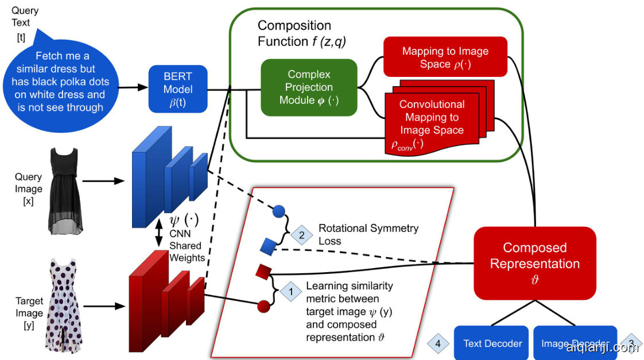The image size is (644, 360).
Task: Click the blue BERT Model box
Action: tap(178, 89)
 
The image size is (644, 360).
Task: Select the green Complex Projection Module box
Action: tap(309, 87)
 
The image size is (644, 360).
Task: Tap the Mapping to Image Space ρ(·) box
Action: tap(445, 57)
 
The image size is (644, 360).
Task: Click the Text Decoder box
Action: tap(492, 343)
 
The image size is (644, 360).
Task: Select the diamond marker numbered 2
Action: tap(301, 234)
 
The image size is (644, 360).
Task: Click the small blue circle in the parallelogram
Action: tap(278, 211)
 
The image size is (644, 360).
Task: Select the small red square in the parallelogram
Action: tap(263, 271)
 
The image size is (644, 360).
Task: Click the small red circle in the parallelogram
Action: tap(263, 306)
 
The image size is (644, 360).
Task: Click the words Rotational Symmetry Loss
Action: tap(368, 234)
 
